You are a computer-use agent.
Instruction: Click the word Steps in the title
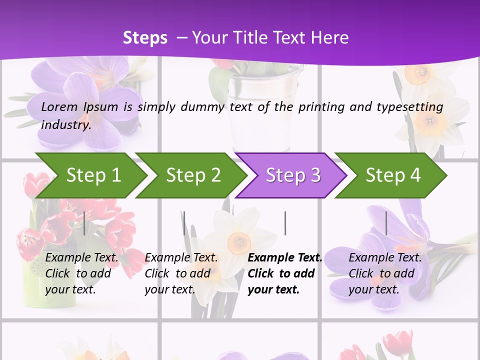(145, 38)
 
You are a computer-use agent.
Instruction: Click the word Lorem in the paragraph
(59, 106)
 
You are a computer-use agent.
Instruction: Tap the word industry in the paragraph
(65, 124)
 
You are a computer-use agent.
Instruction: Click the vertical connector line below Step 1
(84, 223)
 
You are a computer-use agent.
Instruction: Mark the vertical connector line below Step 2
(184, 223)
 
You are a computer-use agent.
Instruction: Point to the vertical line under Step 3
(285, 223)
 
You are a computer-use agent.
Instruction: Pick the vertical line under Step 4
(386, 223)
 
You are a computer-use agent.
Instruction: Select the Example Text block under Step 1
(81, 273)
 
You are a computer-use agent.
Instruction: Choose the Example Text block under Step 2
(180, 273)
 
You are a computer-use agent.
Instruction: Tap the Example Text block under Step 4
(384, 273)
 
